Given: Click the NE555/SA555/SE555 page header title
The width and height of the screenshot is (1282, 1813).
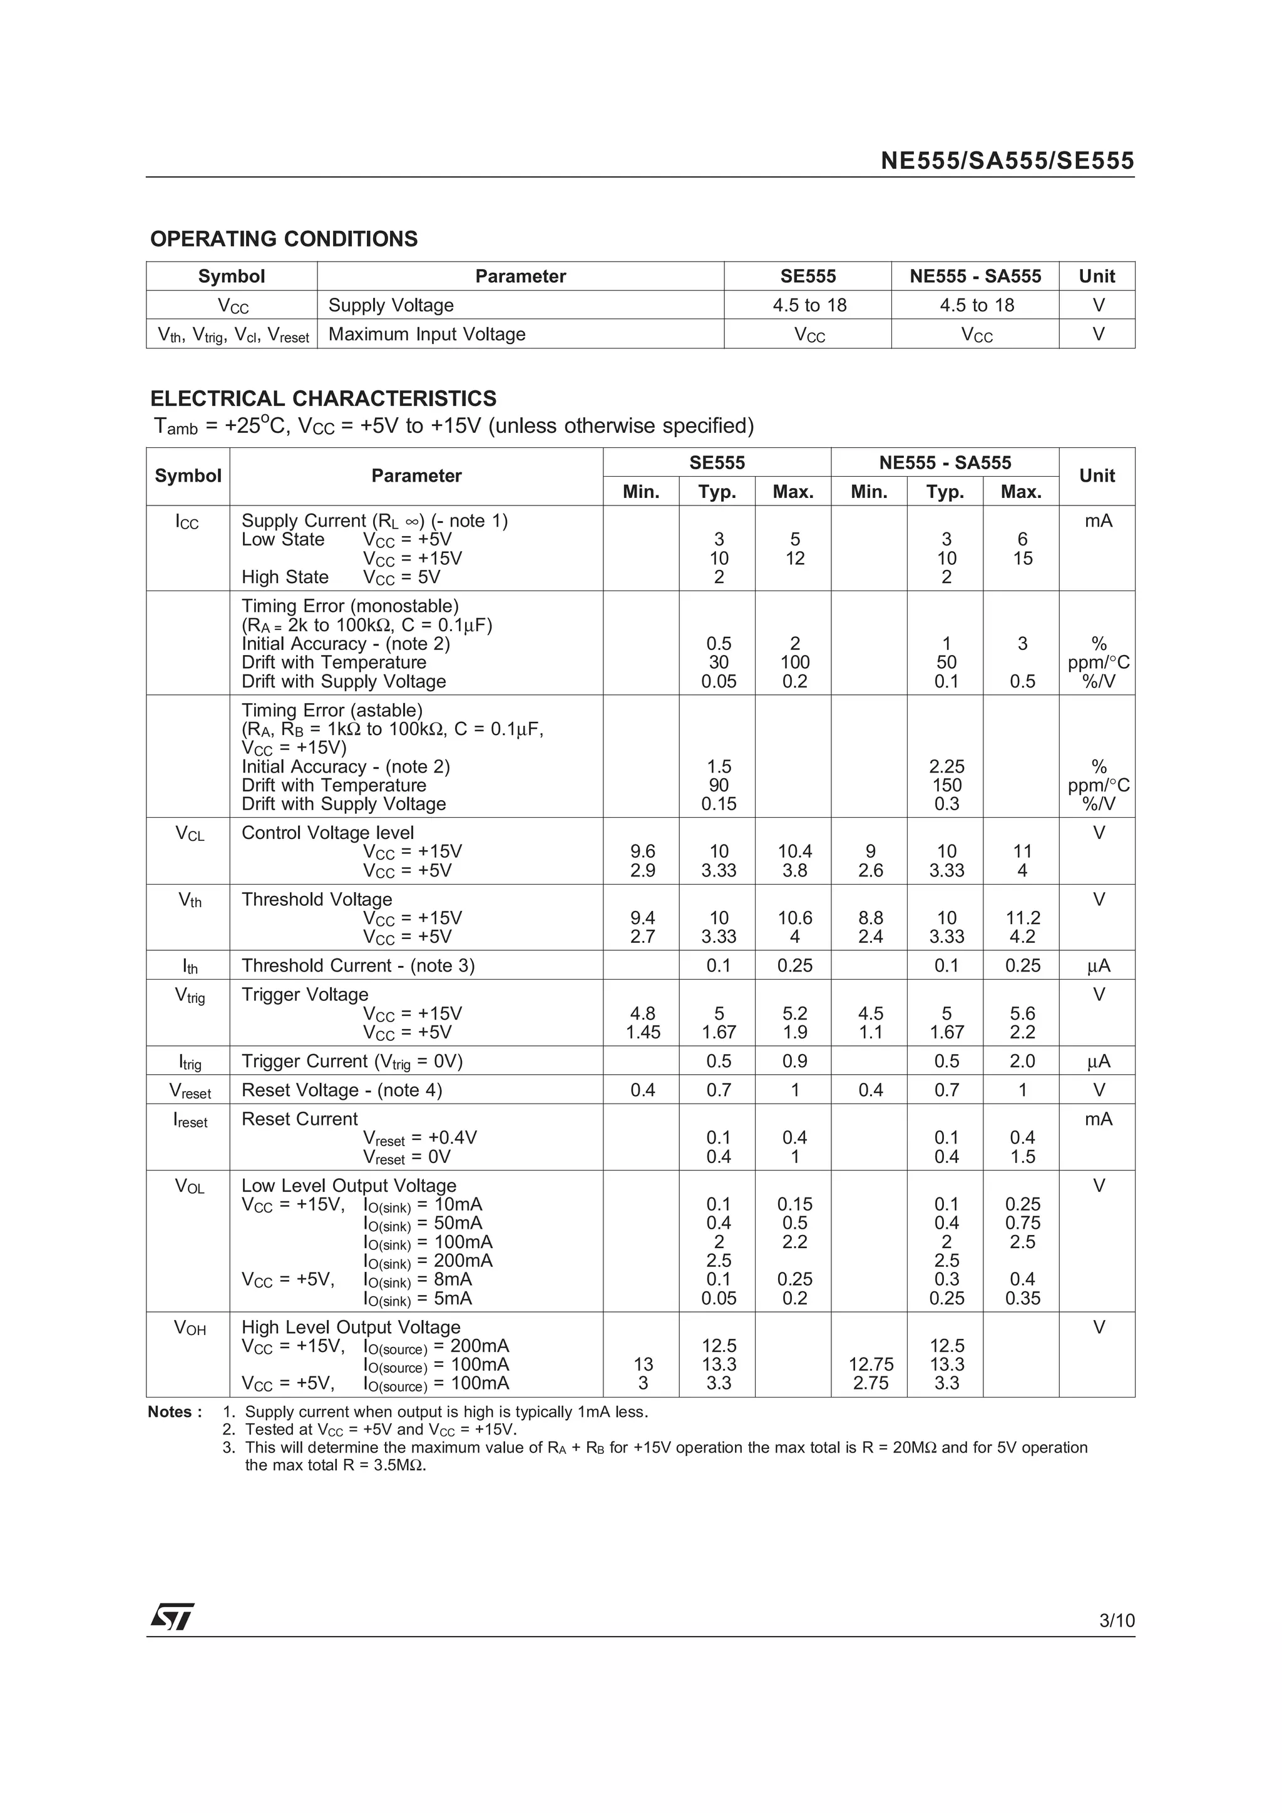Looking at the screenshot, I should pos(1007,161).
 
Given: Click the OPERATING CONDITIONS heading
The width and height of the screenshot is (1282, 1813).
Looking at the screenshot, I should pos(284,238).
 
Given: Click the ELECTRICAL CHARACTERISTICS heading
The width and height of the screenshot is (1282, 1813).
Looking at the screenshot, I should pos(323,398).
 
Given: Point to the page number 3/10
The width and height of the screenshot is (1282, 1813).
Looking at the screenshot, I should pos(1116,1620).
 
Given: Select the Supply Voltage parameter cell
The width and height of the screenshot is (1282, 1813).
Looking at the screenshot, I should pos(391,305).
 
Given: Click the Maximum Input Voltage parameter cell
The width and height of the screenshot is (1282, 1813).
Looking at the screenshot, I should pos(426,334).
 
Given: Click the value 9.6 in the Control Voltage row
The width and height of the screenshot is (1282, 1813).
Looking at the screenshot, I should pos(642,851).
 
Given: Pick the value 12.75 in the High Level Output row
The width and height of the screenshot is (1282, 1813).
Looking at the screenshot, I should pos(871,1364).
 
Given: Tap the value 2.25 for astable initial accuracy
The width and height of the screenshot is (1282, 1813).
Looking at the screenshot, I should pos(946,767).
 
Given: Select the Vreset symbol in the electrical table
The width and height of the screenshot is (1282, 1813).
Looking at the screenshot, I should pos(190,1090).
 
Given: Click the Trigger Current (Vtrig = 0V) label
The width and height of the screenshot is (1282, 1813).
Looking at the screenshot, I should pos(352,1061).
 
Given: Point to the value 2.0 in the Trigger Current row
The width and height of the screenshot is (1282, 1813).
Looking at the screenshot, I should pos(1022,1061).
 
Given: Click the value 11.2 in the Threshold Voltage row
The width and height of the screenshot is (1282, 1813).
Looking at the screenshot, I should pos(1022,918).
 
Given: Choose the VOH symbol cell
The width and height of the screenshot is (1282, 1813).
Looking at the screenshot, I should pos(190,1328).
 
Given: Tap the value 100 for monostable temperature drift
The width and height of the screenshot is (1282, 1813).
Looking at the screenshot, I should pos(794,663).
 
